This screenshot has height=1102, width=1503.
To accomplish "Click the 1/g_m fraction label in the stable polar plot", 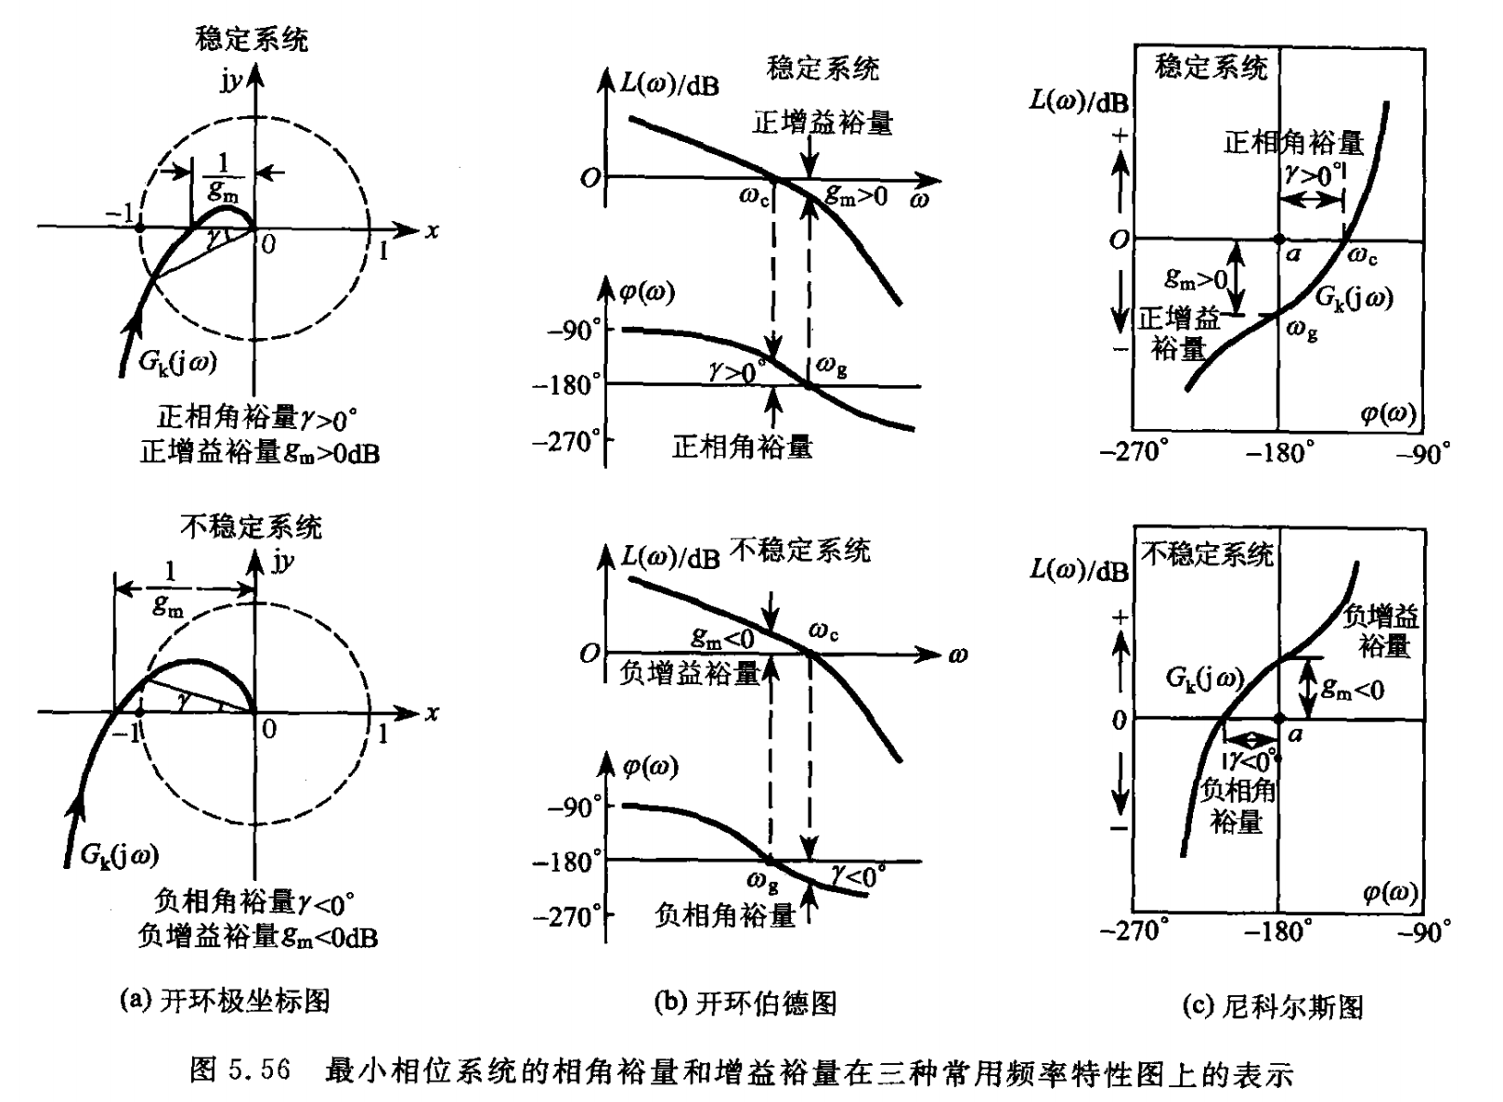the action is (x=222, y=176).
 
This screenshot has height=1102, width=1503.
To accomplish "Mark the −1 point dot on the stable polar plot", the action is (x=139, y=227).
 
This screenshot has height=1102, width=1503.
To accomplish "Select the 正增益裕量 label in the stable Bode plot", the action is (x=823, y=123).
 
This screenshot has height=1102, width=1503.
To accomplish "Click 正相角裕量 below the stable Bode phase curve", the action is (x=742, y=447).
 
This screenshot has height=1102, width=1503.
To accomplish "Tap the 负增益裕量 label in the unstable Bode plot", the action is (x=691, y=673).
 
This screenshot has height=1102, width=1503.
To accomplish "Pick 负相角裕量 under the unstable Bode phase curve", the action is (x=725, y=915).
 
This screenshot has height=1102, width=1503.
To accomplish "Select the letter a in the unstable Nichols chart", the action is (x=1295, y=734).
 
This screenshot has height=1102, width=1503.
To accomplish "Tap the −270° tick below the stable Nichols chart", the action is (x=1134, y=452).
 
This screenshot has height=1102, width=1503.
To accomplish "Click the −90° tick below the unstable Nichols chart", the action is (x=1423, y=930).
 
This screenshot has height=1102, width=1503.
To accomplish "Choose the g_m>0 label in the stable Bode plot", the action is (x=857, y=196).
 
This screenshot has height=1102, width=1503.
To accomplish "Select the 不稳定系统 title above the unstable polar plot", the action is (x=251, y=527).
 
